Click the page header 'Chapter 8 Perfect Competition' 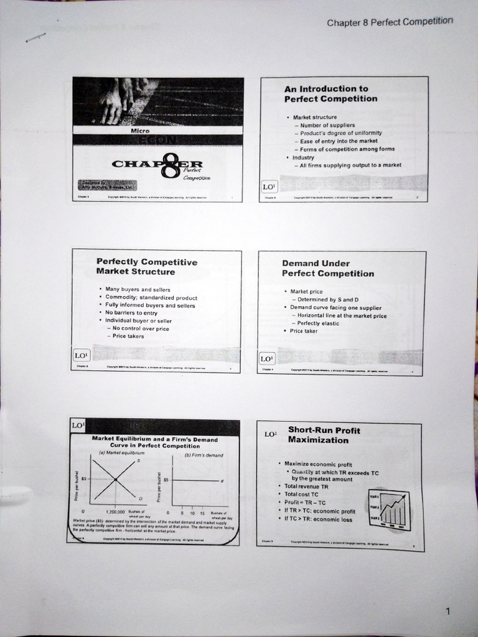click(390, 22)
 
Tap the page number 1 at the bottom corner click(448, 611)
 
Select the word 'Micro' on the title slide click(140, 131)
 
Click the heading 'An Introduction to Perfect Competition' click(330, 94)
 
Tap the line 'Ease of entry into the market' click(339, 141)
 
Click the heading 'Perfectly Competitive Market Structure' click(146, 267)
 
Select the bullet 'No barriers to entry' click(131, 313)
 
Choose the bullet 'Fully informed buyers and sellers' click(150, 305)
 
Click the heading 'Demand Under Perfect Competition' click(327, 269)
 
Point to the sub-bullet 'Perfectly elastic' click(322, 323)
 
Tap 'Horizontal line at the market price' click(342, 316)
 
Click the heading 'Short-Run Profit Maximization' click(324, 435)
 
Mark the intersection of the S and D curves click(116, 478)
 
